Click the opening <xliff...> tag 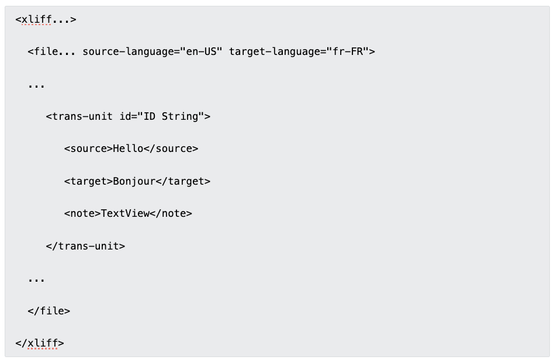coord(46,19)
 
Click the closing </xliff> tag coord(40,343)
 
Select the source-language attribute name coord(129,51)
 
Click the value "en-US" coord(202,51)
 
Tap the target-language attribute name coord(275,51)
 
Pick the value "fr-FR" coord(348,51)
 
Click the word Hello coord(128,148)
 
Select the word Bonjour coord(134,181)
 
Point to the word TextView coord(126,213)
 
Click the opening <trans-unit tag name coord(79,116)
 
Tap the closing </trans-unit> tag coord(85,246)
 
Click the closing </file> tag coord(49,311)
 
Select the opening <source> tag coord(88,149)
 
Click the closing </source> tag coord(171,149)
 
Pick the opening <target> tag coord(88,181)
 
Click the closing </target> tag coord(183,181)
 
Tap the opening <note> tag coord(82,213)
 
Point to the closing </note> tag coord(171,213)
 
